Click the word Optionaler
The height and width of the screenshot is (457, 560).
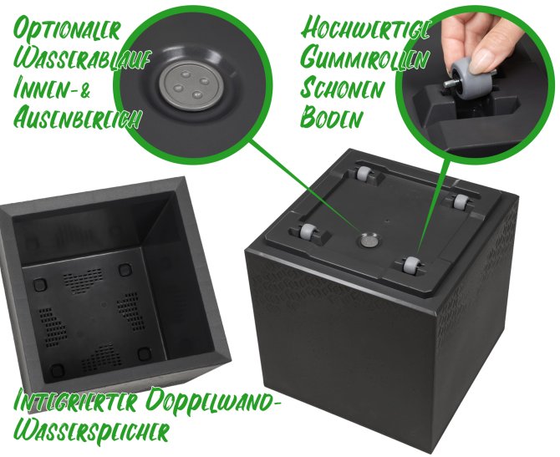[66, 29]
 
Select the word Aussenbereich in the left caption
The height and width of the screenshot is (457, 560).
[77, 118]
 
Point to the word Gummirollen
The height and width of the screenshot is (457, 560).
[364, 58]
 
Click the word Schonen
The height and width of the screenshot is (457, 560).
[342, 89]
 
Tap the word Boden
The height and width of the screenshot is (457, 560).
[331, 117]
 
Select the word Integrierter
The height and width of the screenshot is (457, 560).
[75, 401]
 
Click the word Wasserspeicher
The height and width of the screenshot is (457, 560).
[91, 432]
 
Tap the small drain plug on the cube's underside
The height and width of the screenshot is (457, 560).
[369, 241]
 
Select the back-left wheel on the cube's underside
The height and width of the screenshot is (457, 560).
[363, 173]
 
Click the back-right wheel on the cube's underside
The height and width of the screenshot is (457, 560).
[459, 201]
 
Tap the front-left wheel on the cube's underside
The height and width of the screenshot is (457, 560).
[307, 232]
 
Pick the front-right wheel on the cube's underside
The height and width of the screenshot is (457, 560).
[410, 265]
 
